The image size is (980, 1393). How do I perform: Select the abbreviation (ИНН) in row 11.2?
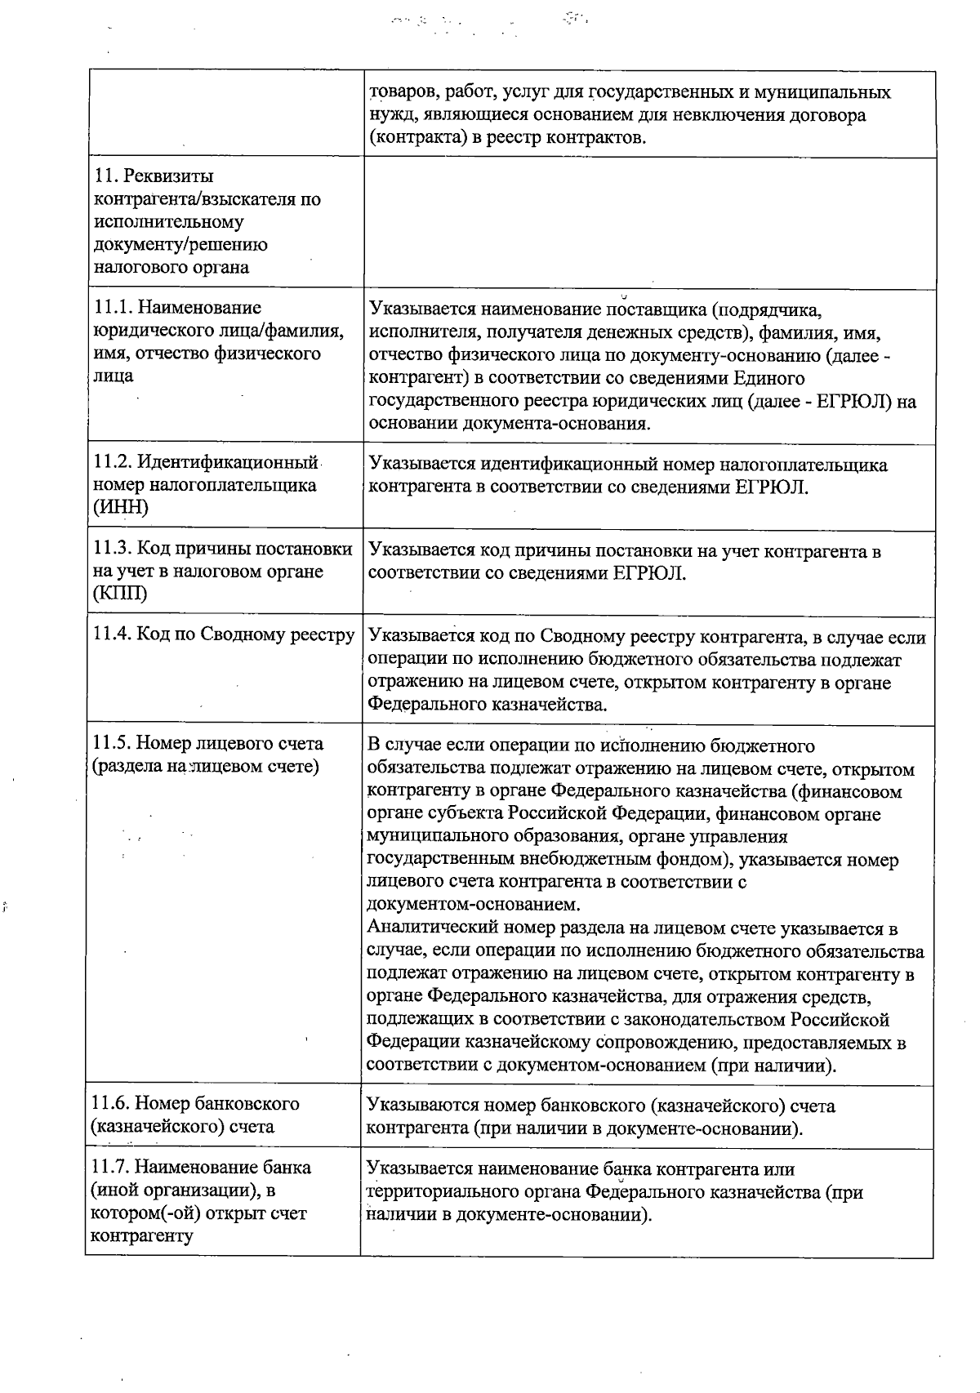(122, 508)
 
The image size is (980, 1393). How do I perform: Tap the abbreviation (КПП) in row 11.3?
(121, 594)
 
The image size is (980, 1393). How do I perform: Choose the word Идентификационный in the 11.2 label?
(227, 463)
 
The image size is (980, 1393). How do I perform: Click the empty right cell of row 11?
(648, 222)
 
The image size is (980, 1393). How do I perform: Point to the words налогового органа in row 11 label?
(172, 268)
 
